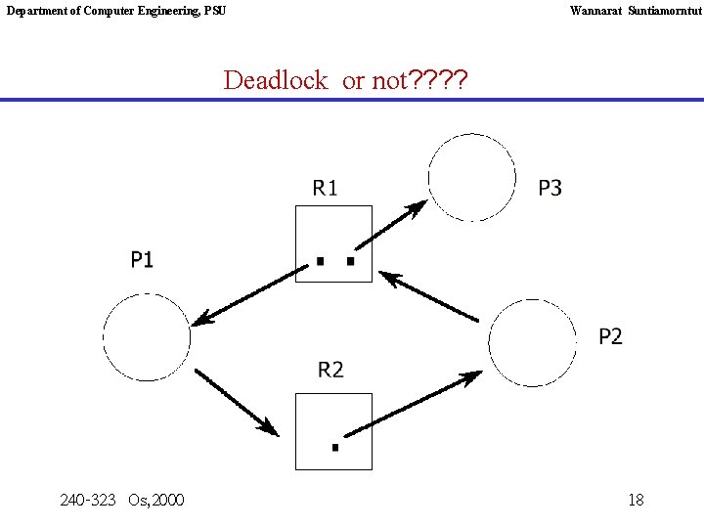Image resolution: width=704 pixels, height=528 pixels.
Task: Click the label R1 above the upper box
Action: [325, 188]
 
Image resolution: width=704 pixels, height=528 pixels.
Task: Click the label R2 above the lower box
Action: [330, 370]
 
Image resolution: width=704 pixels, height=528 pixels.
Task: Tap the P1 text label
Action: [142, 259]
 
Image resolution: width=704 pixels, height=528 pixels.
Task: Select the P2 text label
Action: [610, 336]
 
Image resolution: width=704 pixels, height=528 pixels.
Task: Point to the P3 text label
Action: [550, 188]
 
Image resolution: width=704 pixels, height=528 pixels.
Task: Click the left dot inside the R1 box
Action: [319, 262]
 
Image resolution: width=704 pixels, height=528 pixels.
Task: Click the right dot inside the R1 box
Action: [349, 262]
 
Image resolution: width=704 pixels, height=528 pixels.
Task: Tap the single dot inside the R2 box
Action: [334, 448]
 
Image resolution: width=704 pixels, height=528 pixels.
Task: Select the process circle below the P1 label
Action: [147, 336]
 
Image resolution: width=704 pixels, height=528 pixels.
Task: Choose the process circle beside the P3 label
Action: [471, 177]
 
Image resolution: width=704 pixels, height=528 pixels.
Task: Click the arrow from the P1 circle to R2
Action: [237, 401]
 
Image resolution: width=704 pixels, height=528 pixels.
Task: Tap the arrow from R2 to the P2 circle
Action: [415, 404]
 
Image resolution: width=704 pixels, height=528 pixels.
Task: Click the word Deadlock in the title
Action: [276, 80]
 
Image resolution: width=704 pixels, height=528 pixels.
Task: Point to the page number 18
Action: [636, 501]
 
